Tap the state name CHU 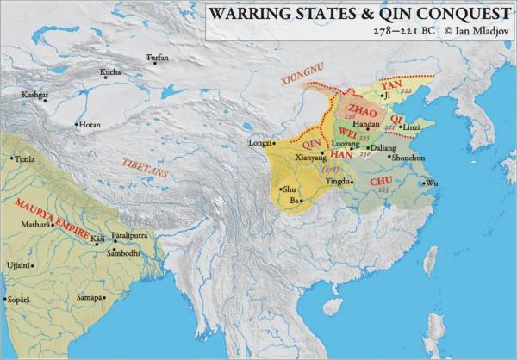(x=380, y=182)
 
